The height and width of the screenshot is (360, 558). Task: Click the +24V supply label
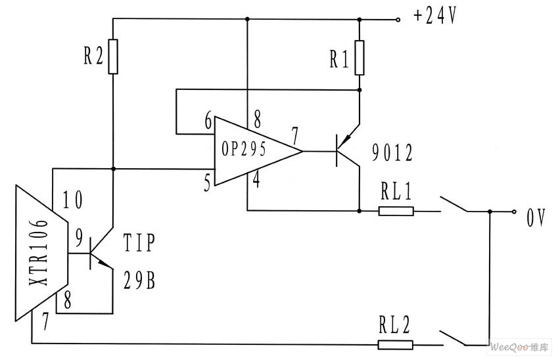435,16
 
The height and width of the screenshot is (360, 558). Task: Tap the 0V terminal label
536,217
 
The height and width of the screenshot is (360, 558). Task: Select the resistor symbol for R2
113,56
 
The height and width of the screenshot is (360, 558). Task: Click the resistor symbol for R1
360,58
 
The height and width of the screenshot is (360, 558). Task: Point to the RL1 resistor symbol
396,212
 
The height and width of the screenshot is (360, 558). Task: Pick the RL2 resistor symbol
396,345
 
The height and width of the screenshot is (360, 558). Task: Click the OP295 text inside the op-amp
244,148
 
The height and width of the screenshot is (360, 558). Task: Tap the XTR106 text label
38,252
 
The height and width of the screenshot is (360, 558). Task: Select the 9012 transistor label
392,152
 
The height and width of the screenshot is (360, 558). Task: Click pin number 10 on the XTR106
73,200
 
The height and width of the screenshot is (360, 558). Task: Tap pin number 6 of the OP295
208,120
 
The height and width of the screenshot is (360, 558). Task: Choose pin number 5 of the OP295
208,183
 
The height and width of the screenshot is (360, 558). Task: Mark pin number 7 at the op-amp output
295,135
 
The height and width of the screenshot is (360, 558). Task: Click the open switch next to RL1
454,204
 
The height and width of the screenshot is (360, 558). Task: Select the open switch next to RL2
453,338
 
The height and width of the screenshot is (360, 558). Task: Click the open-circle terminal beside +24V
398,20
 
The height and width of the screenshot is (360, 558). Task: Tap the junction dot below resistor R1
360,90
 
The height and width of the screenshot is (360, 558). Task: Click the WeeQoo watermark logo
519,348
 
